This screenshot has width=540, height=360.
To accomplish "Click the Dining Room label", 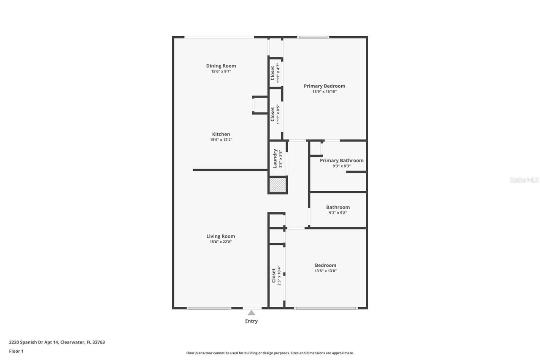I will click(x=221, y=66).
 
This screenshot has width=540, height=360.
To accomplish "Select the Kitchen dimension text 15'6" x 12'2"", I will click(x=221, y=140).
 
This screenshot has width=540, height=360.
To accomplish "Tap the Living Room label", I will click(x=221, y=236).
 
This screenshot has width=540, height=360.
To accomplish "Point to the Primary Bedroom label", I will click(x=324, y=86).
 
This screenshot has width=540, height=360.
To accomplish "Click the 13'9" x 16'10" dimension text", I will click(x=324, y=92).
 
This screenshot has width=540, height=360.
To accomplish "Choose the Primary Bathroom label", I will click(x=341, y=160).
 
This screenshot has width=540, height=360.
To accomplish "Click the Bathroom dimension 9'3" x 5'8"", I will click(x=338, y=213).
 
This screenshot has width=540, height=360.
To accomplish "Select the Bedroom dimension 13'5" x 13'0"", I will click(x=325, y=271).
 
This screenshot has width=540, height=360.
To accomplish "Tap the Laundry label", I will click(x=275, y=158).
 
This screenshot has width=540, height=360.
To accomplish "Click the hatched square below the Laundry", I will click(x=278, y=185).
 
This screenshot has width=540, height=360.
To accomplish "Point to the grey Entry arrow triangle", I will click(x=251, y=313).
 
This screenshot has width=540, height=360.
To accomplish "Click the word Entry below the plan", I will click(x=251, y=321).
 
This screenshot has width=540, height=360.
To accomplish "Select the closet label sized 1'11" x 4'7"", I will click(x=273, y=73).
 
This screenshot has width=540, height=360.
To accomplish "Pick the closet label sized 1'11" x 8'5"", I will click(x=273, y=114).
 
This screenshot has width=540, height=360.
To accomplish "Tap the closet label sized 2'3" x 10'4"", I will click(x=274, y=275).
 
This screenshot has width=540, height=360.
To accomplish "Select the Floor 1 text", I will click(x=16, y=351).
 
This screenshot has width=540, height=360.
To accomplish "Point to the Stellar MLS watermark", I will click(x=524, y=180).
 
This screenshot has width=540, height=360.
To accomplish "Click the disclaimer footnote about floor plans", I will click(x=270, y=353).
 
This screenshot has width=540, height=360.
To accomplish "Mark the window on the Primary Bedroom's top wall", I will click(x=313, y=37).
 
